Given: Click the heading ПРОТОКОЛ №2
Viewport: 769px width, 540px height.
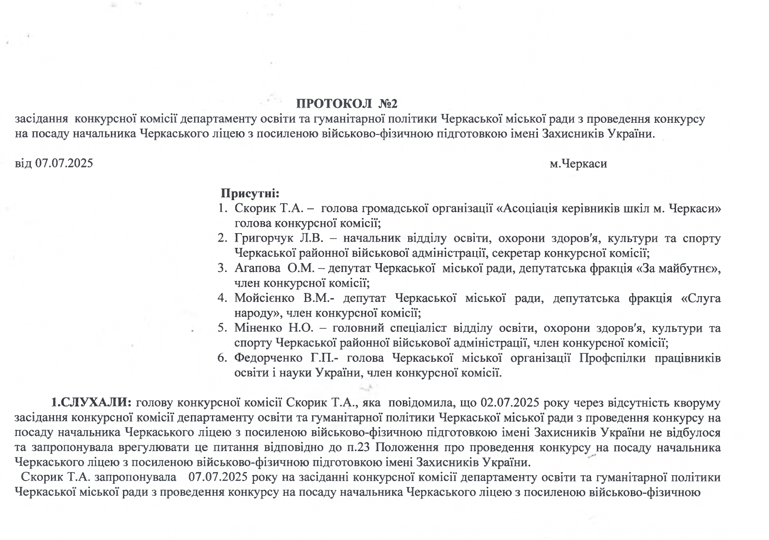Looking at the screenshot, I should pos(346,104).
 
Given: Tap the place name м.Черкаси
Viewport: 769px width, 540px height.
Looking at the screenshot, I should pos(578,163).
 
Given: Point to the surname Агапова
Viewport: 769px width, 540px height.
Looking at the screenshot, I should pos(254,268).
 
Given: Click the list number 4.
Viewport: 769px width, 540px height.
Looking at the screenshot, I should pos(222,298).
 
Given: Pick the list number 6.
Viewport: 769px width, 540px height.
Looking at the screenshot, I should pos(222,358).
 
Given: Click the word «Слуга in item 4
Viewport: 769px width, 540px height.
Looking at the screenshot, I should pos(701,298).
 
